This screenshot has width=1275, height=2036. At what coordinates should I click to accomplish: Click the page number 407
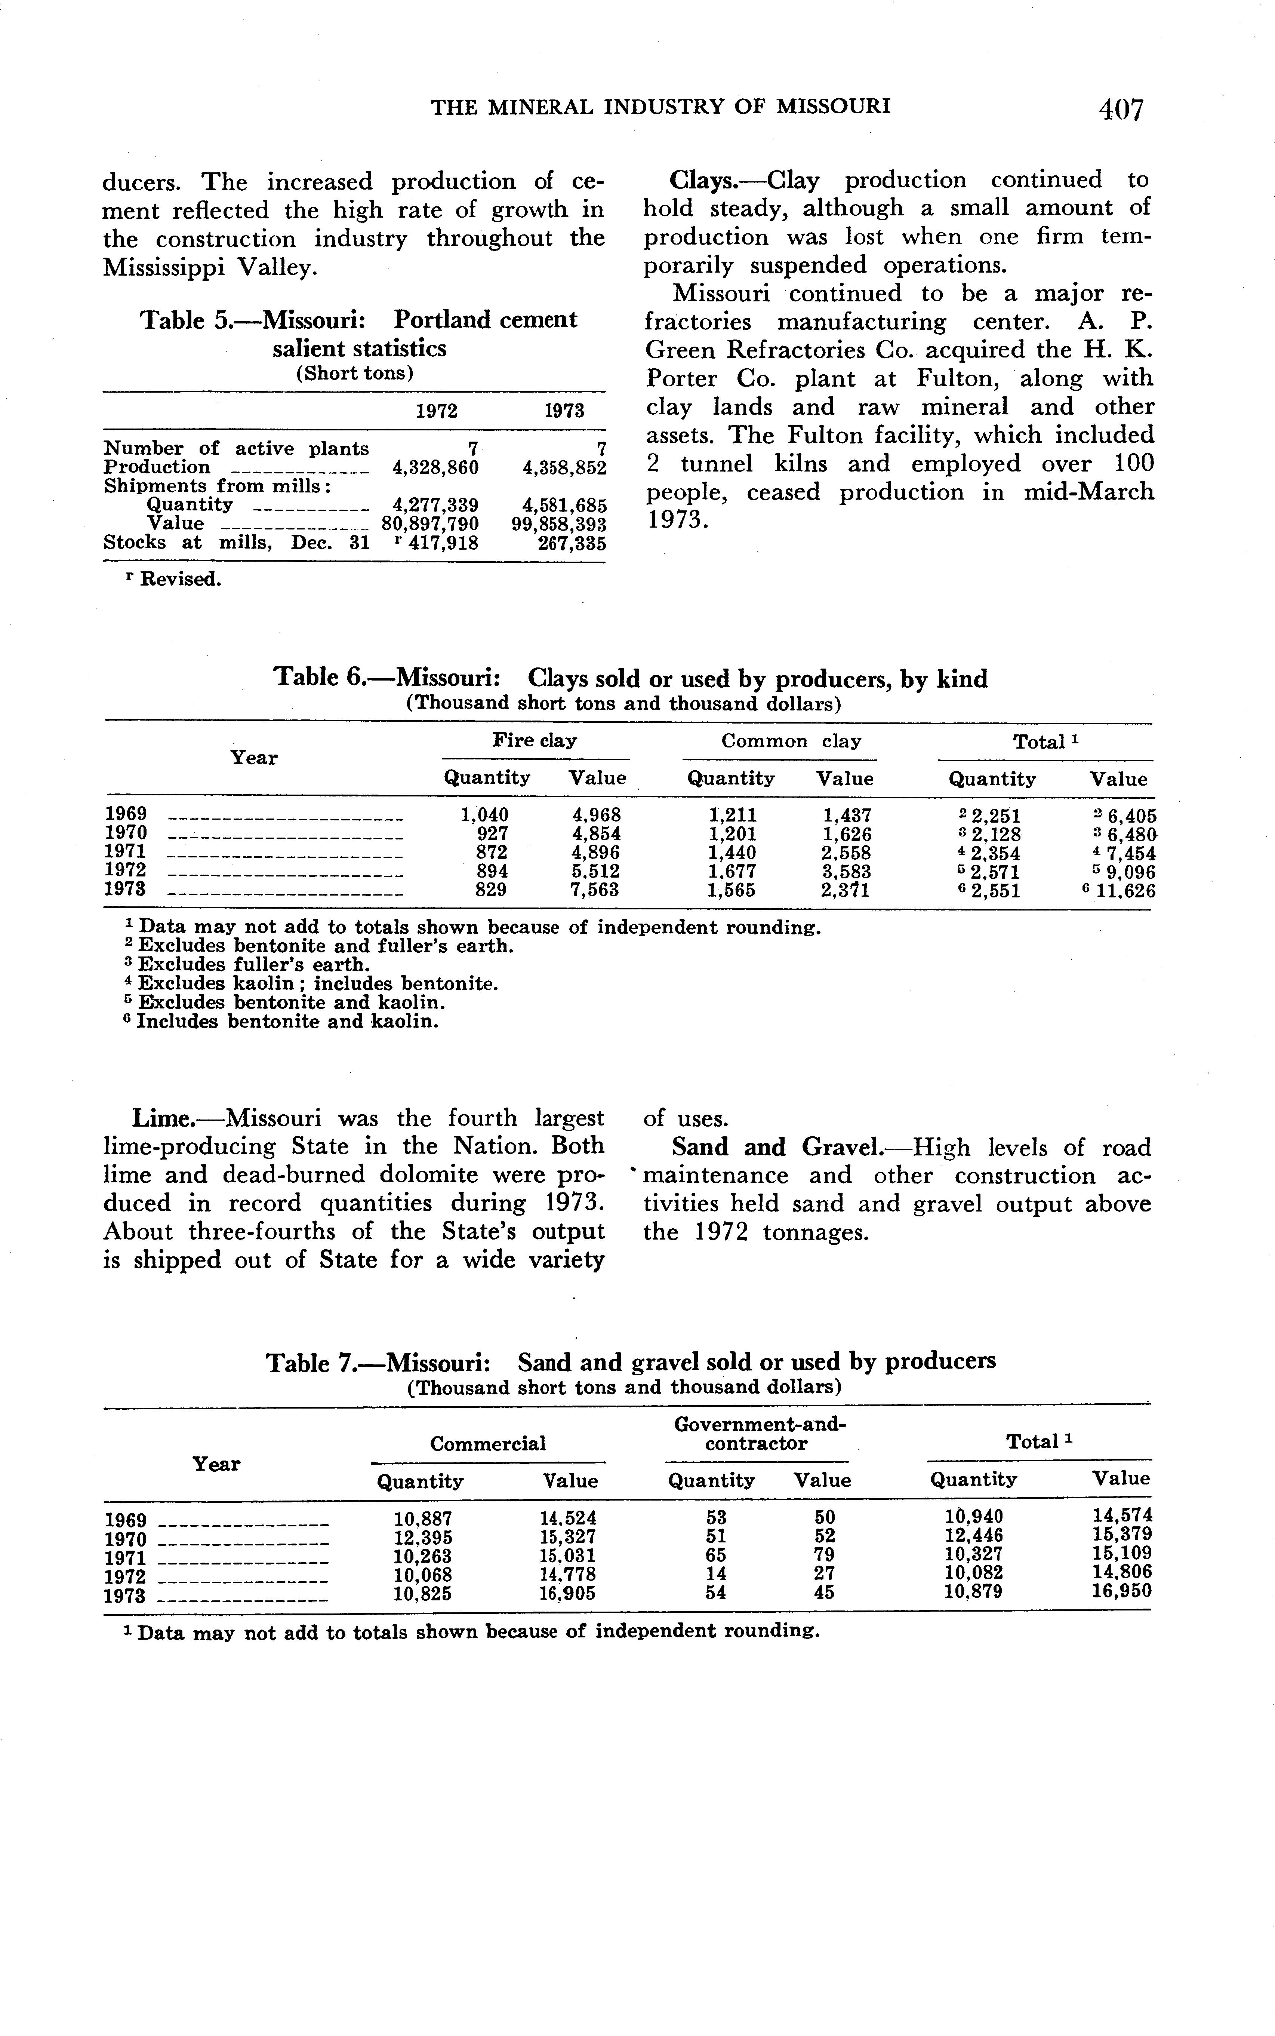point(1120,110)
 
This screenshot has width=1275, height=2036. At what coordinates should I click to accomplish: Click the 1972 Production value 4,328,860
point(436,467)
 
